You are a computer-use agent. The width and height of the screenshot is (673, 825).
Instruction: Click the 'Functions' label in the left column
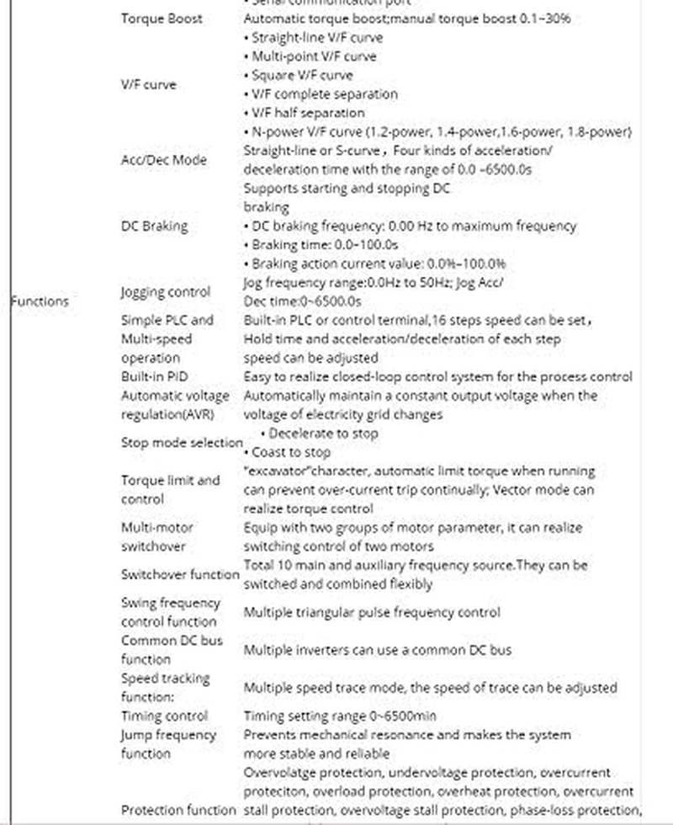coord(40,301)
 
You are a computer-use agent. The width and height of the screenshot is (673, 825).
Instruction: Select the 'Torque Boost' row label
coord(162,19)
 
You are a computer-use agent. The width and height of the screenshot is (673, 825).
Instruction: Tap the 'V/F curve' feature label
coord(148,85)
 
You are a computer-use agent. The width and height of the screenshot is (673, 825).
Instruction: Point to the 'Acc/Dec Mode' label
coord(163,160)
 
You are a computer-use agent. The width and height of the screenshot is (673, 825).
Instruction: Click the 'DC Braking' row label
coord(154,226)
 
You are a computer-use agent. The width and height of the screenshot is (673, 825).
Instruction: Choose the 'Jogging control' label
coord(166,292)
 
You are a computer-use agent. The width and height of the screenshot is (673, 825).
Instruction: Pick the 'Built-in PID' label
coord(154,376)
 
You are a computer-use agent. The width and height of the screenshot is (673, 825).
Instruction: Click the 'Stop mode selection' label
coord(182,443)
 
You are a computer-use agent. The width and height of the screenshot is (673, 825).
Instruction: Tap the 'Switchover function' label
coord(180,574)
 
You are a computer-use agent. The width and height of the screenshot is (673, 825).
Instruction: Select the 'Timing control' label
coord(164,716)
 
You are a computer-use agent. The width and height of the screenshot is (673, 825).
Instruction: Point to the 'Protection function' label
coord(178,810)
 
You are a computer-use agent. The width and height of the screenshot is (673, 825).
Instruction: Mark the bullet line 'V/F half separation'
coord(308,113)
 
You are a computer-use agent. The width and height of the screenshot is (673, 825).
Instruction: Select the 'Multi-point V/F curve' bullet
coord(310,56)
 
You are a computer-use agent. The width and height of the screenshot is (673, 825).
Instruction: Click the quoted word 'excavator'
coord(278,471)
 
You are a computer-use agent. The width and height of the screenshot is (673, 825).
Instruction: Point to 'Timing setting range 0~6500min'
coord(340,716)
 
